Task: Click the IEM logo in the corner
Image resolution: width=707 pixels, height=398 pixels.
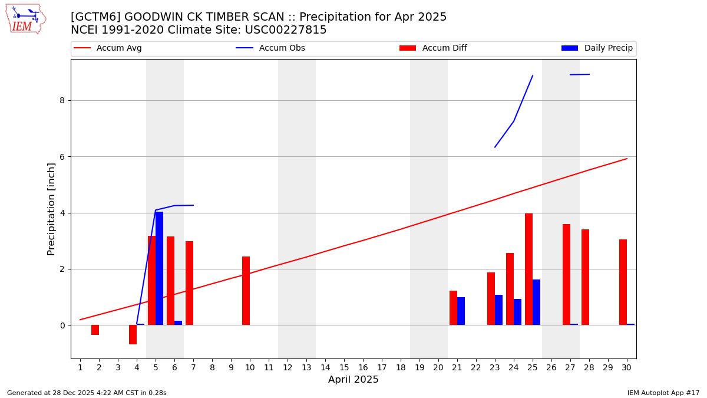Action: click(25, 19)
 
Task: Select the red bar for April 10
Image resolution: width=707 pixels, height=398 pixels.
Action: click(246, 291)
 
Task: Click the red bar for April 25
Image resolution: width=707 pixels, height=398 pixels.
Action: click(528, 269)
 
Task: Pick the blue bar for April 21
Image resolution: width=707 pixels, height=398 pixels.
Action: click(461, 311)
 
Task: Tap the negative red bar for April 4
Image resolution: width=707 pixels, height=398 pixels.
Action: click(133, 334)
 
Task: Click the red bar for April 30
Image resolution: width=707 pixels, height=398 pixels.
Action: click(623, 282)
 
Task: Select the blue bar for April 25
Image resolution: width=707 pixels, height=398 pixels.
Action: click(536, 302)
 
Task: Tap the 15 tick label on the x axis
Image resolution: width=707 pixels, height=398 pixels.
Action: click(344, 368)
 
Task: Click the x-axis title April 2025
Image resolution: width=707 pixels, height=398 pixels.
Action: click(353, 380)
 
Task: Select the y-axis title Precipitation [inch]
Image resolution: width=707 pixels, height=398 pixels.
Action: click(51, 209)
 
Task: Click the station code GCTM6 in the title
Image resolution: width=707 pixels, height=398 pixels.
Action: click(95, 17)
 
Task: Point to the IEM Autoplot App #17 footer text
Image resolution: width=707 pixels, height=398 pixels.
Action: click(663, 393)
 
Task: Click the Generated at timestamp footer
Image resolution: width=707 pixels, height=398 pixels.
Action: click(87, 393)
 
